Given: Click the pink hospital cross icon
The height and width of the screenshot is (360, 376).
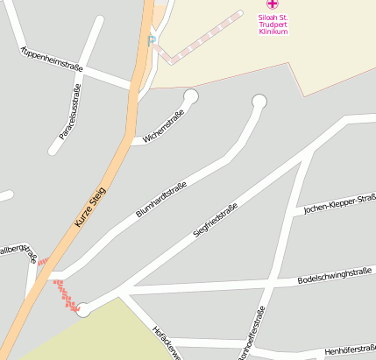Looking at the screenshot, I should (x=271, y=5).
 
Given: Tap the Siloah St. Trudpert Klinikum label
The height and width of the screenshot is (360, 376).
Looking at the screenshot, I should (x=271, y=24).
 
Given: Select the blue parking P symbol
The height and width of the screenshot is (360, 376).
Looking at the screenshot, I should (x=152, y=39).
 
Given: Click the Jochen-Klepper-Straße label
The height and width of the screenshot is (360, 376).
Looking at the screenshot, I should (x=337, y=203).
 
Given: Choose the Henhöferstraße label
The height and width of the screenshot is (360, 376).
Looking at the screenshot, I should (x=349, y=350).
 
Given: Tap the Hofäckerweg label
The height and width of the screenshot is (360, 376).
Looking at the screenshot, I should (x=166, y=342).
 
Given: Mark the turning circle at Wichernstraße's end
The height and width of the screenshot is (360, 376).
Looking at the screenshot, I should (x=190, y=96).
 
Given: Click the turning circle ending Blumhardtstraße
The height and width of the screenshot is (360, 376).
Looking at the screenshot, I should (x=259, y=102).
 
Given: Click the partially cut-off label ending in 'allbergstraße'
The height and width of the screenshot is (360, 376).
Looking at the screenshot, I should (x=19, y=253).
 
